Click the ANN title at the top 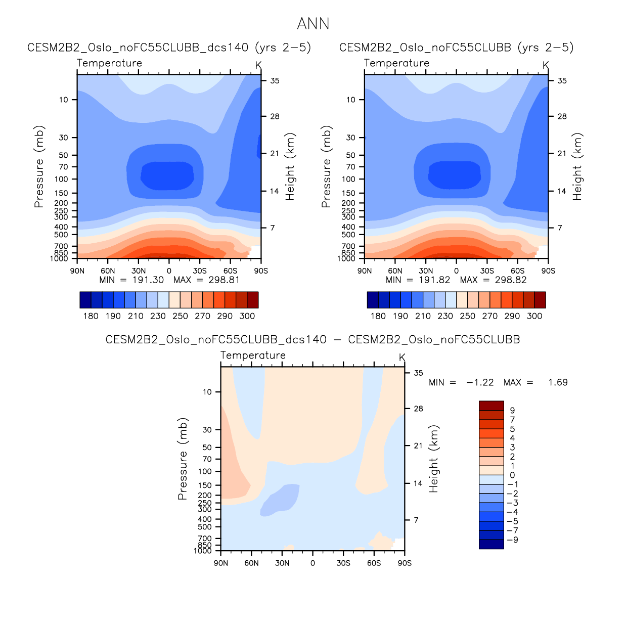313,24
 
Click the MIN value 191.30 148,280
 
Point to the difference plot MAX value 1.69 558,382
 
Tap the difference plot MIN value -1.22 480,382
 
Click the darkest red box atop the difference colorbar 491,406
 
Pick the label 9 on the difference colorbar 512,411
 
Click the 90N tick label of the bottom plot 221,563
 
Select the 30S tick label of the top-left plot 200,271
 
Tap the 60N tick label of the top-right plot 395,271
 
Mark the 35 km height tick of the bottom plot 419,373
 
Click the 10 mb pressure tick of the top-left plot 63,100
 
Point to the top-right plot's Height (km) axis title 577,167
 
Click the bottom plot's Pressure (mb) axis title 183,459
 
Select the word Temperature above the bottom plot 253,355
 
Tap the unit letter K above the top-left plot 258,65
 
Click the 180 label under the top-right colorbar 378,316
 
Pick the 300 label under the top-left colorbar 247,316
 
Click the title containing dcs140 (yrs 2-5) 169,48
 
